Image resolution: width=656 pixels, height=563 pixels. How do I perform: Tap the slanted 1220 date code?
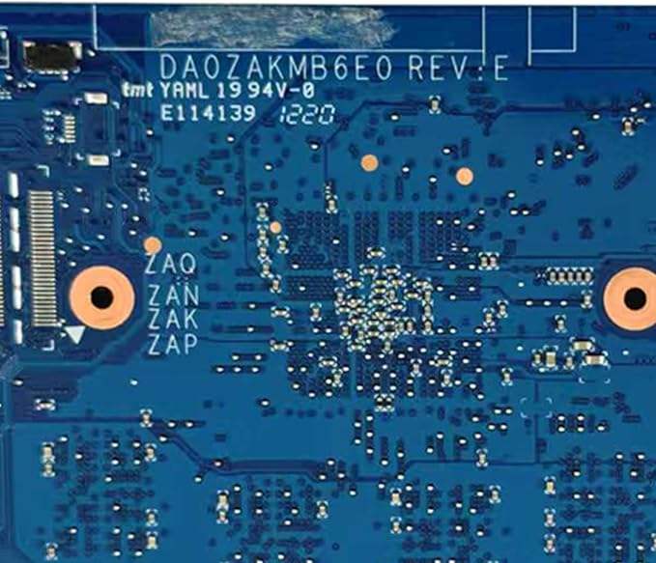[x=306, y=115]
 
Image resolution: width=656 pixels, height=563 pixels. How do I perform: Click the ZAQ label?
[x=171, y=263]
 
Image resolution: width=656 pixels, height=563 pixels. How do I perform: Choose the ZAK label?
[x=174, y=318]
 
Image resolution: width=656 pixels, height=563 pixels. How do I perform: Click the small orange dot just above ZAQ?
[x=152, y=244]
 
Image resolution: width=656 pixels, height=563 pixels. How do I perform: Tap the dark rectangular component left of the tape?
[x=52, y=55]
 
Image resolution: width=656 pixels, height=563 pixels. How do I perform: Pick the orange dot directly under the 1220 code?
[x=368, y=162]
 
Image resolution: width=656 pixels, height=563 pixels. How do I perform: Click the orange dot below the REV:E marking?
[x=465, y=176]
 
